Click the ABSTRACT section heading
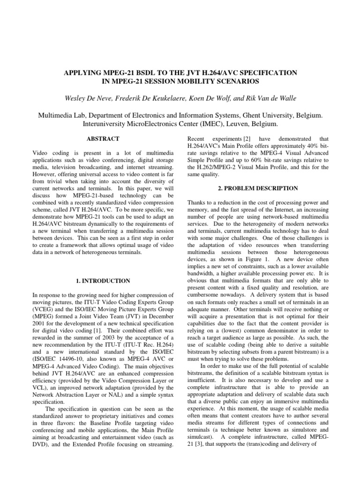pos(102,139)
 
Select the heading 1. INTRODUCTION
pos(102,281)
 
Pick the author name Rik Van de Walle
pos(270,98)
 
